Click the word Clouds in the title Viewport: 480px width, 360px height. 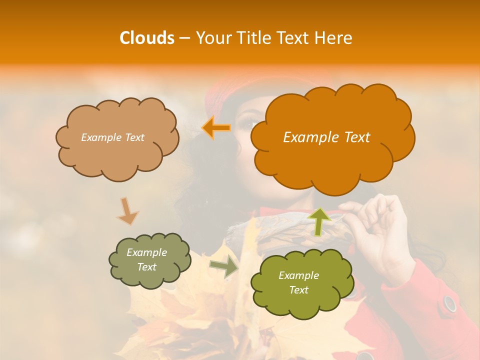[x=147, y=38]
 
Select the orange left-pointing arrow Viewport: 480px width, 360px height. [x=216, y=128]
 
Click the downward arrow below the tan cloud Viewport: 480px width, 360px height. [x=127, y=211]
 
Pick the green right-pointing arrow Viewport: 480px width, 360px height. [x=224, y=267]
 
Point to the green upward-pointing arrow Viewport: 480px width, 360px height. [x=319, y=221]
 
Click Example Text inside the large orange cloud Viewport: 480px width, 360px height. [x=326, y=137]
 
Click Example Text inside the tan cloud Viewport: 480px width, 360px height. [x=112, y=137]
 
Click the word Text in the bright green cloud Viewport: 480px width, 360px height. [x=298, y=290]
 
